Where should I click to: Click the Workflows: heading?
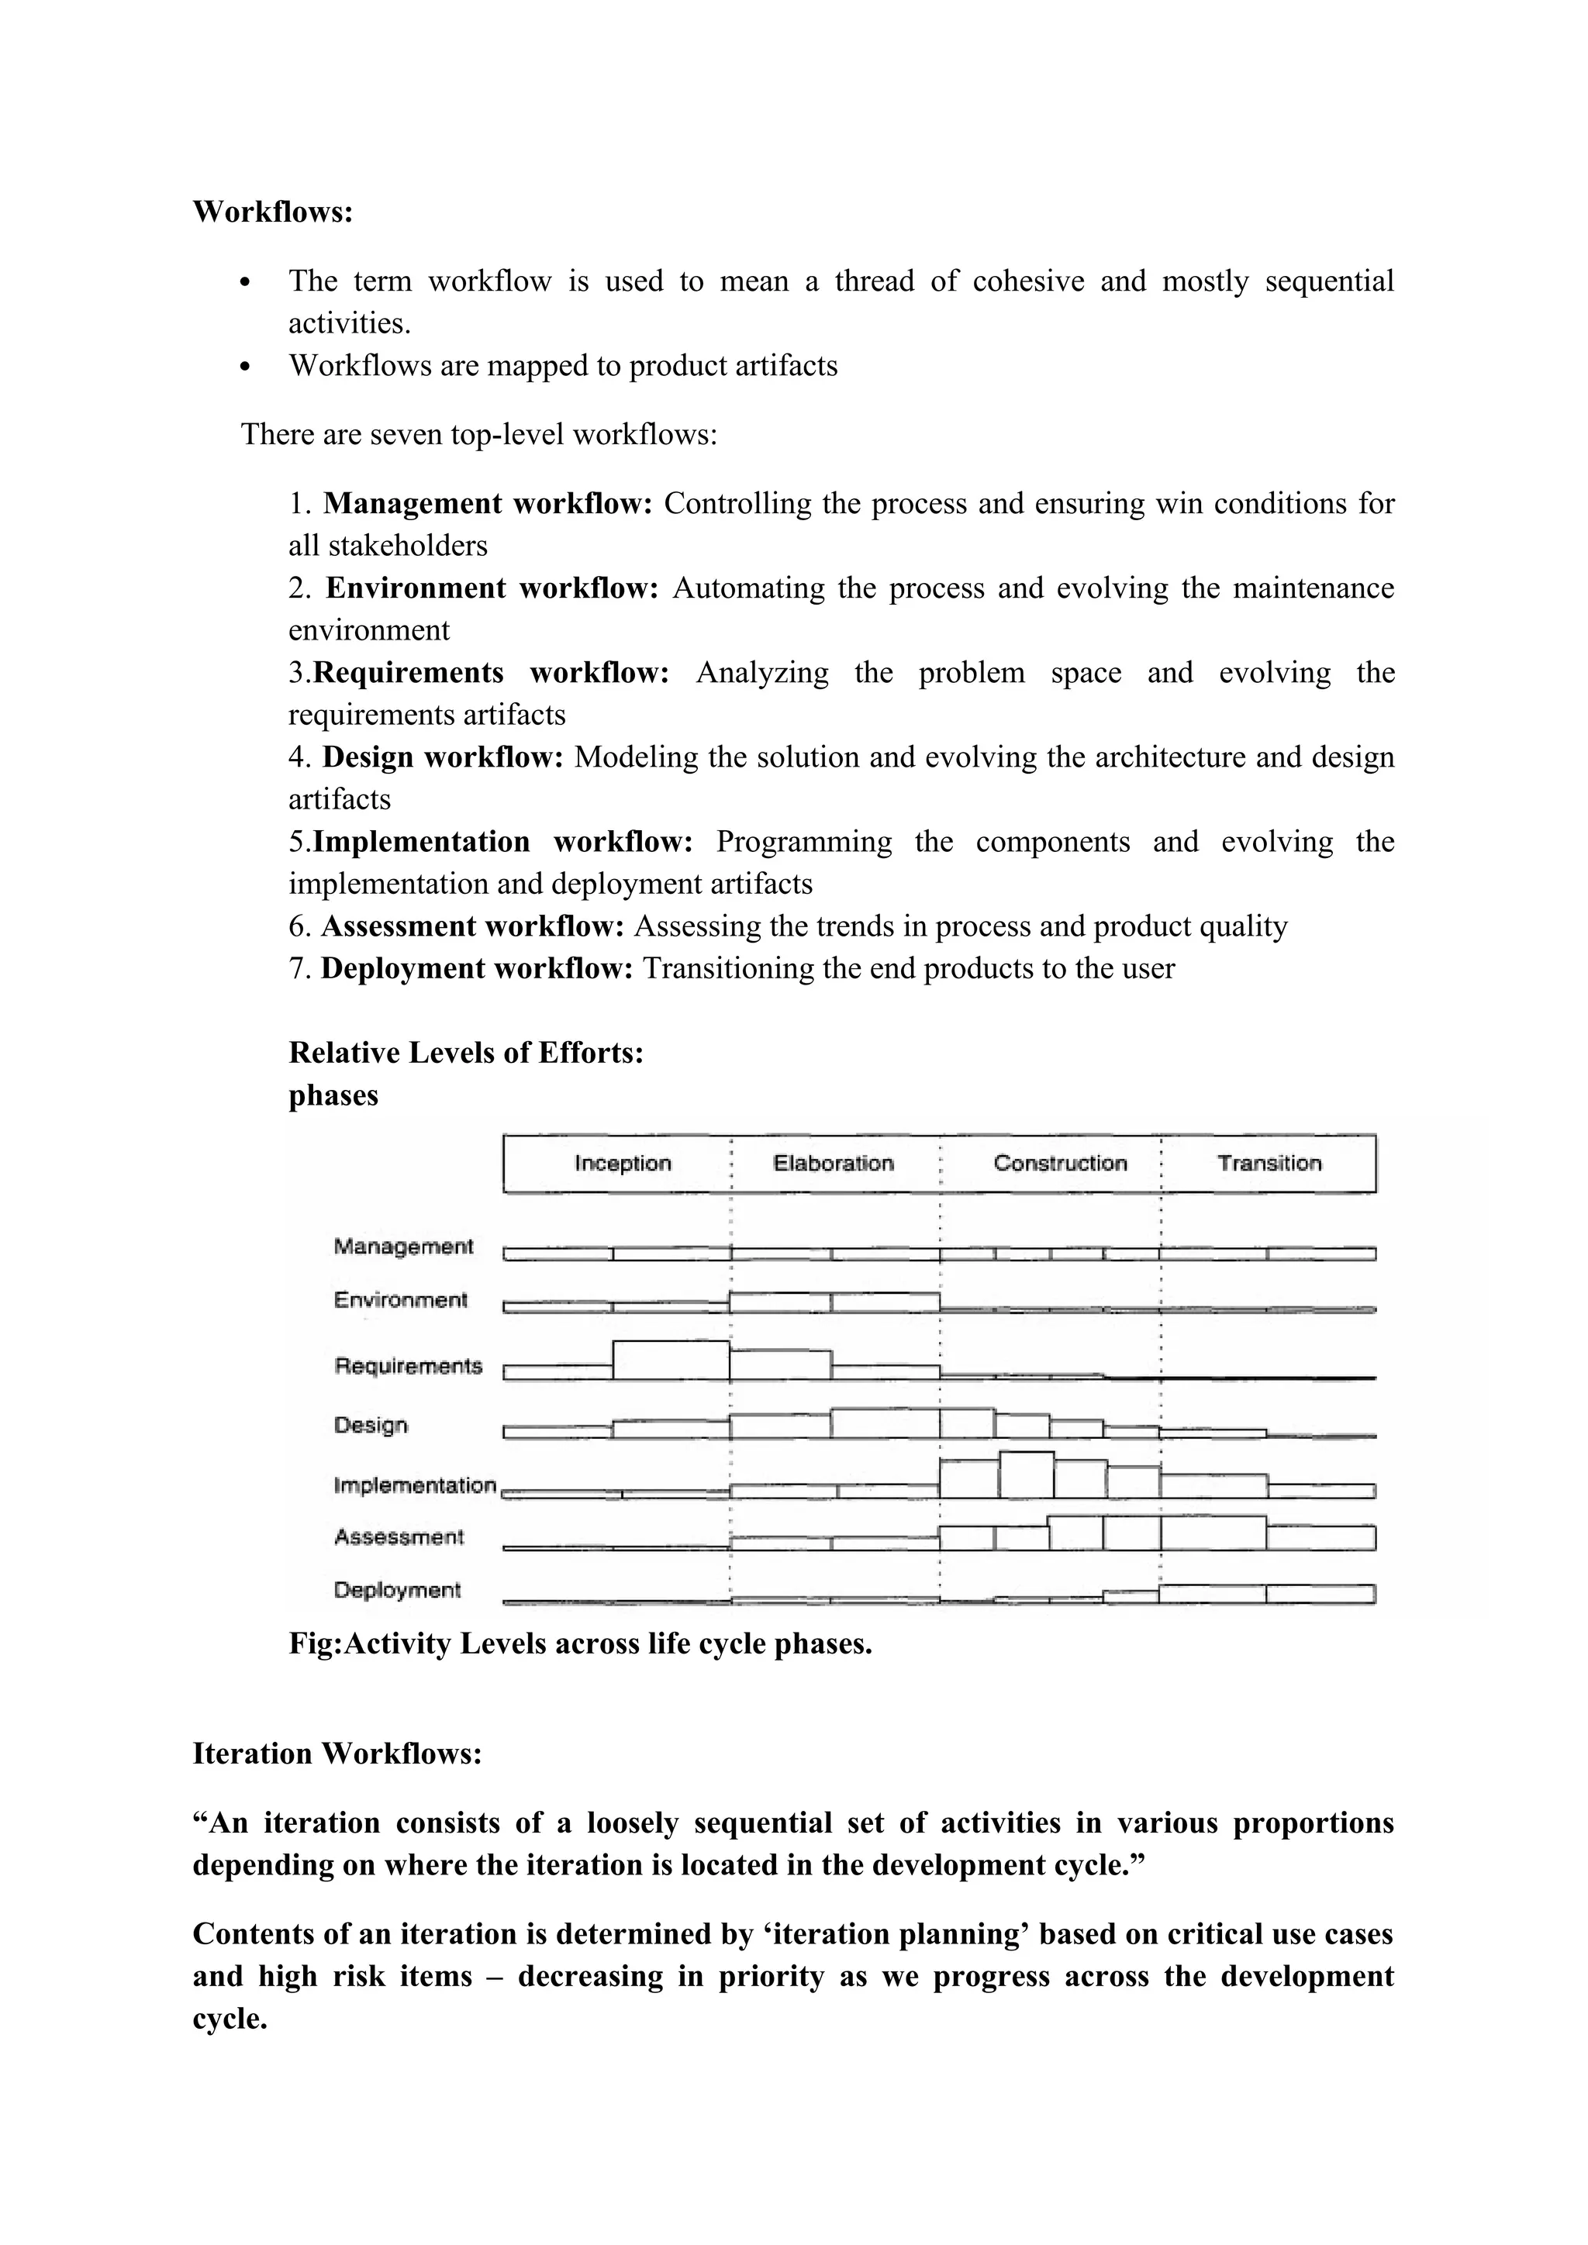pyautogui.click(x=272, y=211)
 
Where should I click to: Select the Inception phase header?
pyautogui.click(x=623, y=1163)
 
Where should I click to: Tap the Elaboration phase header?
pyautogui.click(x=833, y=1163)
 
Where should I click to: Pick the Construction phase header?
pyautogui.click(x=1060, y=1163)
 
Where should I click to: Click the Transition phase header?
pyautogui.click(x=1269, y=1163)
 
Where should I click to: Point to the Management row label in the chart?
pyautogui.click(x=403, y=1247)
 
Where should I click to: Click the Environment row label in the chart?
pyautogui.click(x=400, y=1301)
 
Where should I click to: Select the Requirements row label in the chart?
pyautogui.click(x=408, y=1366)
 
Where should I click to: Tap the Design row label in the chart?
pyautogui.click(x=371, y=1425)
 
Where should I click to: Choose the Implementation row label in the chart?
pyautogui.click(x=415, y=1485)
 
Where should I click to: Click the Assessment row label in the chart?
pyautogui.click(x=398, y=1537)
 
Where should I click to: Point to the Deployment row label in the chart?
pyautogui.click(x=396, y=1590)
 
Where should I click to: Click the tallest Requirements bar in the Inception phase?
pyautogui.click(x=671, y=1360)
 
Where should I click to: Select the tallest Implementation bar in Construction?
pyautogui.click(x=1026, y=1475)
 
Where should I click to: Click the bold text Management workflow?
pyautogui.click(x=487, y=504)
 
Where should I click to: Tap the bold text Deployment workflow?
pyautogui.click(x=476, y=968)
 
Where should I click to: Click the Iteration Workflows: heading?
pyautogui.click(x=337, y=1754)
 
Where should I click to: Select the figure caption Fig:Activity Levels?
pyautogui.click(x=579, y=1643)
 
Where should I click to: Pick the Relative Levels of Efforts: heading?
pyautogui.click(x=465, y=1052)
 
